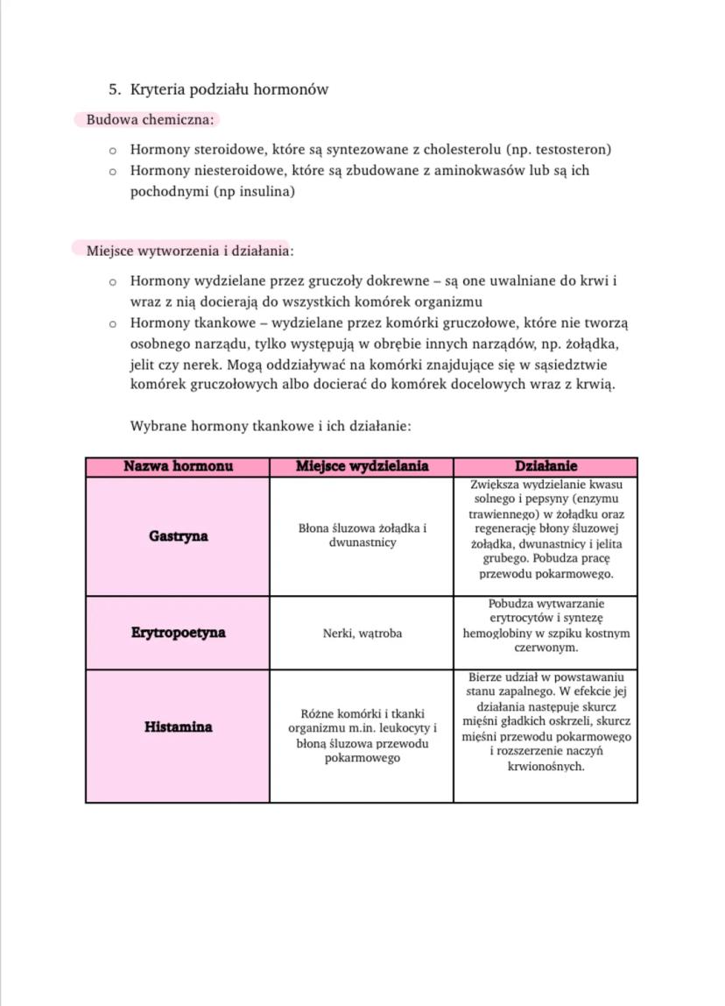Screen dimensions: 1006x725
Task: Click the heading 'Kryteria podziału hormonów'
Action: point(229,89)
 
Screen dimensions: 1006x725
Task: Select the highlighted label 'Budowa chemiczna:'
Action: point(150,119)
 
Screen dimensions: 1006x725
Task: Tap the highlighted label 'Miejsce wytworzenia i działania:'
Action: point(189,251)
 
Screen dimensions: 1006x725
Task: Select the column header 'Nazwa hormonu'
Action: point(178,466)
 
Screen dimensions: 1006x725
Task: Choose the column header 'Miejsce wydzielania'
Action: point(362,466)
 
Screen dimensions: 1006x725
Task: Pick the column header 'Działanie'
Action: point(546,466)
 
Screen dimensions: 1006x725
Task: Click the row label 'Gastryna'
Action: point(178,536)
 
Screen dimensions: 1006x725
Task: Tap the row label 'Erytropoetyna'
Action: point(178,633)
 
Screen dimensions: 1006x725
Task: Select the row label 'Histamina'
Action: point(178,727)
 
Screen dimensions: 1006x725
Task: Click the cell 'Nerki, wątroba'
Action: point(362,633)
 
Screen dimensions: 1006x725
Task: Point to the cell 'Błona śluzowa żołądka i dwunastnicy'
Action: point(362,535)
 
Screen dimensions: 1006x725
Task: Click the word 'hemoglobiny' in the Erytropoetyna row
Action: point(498,633)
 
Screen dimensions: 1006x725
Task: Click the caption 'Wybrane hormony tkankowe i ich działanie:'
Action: point(271,427)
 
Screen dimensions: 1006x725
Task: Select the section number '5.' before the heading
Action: point(115,89)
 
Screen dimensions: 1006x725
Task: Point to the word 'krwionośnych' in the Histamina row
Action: point(546,766)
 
